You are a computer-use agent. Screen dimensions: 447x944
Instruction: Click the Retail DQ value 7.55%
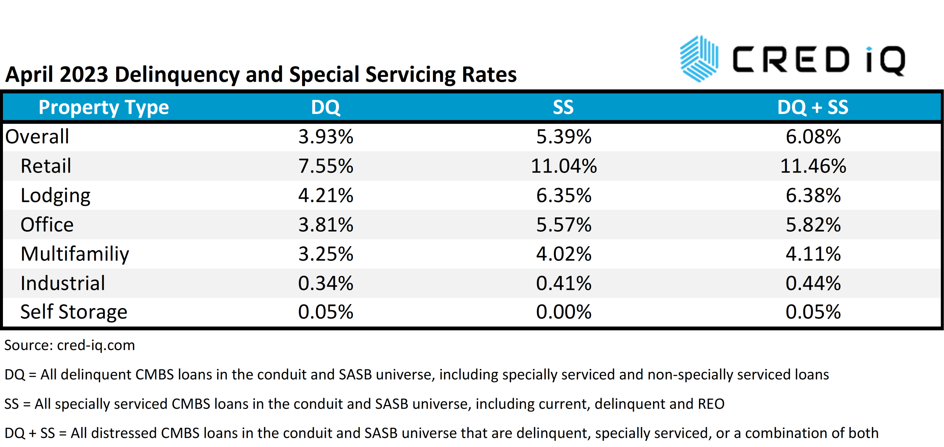pos(326,166)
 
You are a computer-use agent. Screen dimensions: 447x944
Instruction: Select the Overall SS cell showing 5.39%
pos(563,137)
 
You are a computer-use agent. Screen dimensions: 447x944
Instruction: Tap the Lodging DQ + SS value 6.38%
pos(813,195)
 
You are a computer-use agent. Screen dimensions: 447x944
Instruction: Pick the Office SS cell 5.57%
pos(563,225)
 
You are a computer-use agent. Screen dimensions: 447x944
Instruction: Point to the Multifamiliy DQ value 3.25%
pos(326,254)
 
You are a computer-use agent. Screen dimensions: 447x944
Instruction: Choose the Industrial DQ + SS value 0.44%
pos(813,283)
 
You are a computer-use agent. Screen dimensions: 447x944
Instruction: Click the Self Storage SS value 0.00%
pos(563,312)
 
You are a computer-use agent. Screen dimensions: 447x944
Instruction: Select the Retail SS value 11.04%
pos(563,166)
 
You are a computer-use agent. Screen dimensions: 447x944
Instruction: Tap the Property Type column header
pos(104,108)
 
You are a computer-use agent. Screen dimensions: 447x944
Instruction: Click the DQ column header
pos(326,108)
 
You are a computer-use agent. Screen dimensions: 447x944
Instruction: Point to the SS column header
pos(563,108)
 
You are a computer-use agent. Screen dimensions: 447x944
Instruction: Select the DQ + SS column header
pos(813,108)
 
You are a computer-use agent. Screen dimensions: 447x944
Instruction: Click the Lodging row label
pos(55,195)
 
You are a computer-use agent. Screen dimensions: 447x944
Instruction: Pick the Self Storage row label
pos(74,312)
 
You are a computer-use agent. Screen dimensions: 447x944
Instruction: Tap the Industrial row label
pos(63,283)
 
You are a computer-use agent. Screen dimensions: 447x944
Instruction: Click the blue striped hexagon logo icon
pos(699,59)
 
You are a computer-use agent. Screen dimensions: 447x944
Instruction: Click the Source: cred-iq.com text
pos(69,345)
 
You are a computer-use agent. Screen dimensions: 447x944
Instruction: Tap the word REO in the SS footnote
pos(711,404)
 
